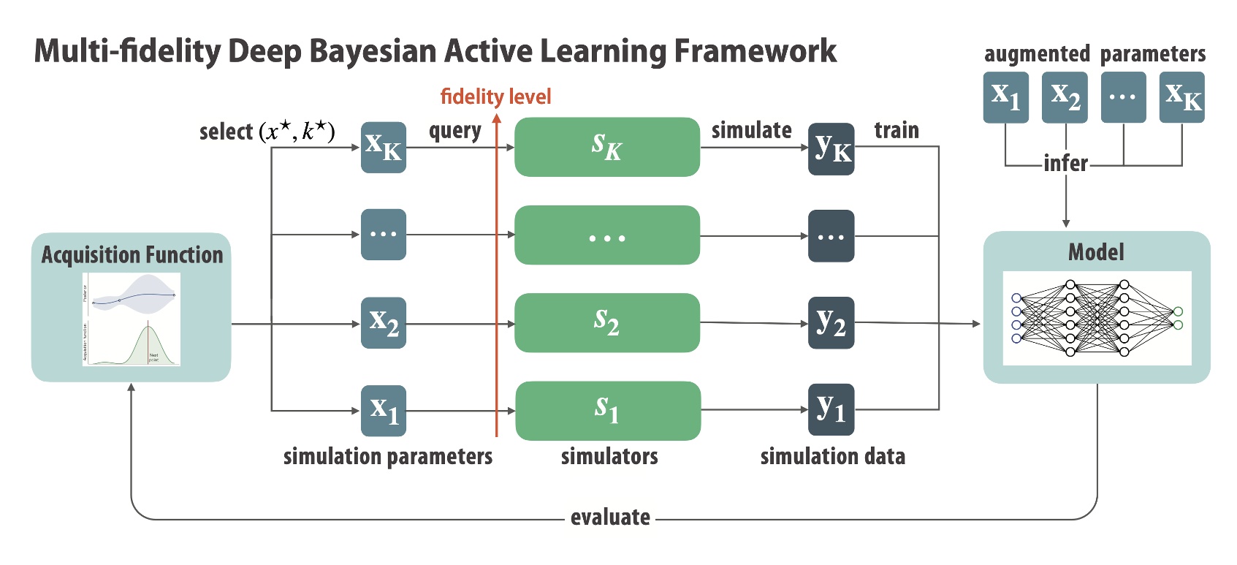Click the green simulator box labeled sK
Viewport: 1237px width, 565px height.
pos(606,147)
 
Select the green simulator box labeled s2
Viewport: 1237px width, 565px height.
pos(606,322)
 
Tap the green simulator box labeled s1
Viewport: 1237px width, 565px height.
pos(607,410)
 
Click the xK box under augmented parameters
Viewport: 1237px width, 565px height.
pos(1181,97)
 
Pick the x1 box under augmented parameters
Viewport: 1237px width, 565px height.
pos(1005,97)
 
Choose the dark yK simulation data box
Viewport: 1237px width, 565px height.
pos(831,149)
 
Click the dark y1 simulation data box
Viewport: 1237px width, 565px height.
pos(831,409)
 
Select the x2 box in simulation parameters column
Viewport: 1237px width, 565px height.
pos(384,322)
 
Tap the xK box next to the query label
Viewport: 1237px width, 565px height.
pos(384,147)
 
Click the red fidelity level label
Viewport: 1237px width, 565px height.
pos(495,96)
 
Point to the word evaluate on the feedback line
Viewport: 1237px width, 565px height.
pos(610,517)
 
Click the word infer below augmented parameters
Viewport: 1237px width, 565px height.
pos(1065,163)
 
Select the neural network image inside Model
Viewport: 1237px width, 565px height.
pos(1096,318)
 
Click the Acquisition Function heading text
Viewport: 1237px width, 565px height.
pos(132,255)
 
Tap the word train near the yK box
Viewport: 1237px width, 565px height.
pos(897,130)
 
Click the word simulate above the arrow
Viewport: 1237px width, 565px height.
pos(751,130)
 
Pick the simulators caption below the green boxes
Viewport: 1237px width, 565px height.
pos(609,457)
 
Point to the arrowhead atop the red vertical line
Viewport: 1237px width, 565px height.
pos(496,119)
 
